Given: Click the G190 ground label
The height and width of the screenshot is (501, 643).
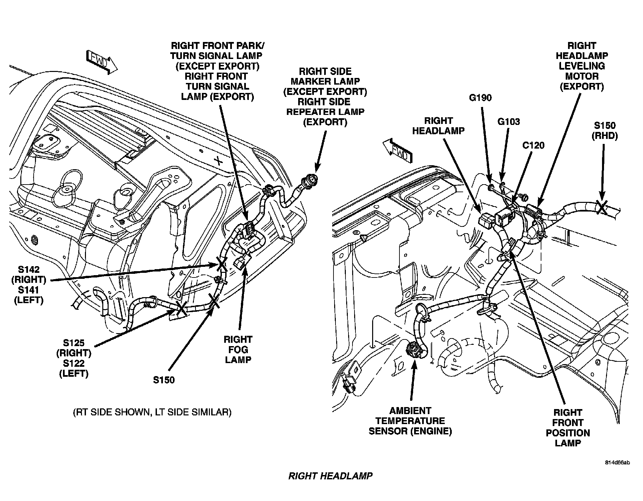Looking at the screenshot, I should pyautogui.click(x=480, y=98).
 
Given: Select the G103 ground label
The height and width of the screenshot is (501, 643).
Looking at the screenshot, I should pyautogui.click(x=508, y=122).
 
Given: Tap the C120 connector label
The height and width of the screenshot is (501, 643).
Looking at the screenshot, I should pyautogui.click(x=533, y=146).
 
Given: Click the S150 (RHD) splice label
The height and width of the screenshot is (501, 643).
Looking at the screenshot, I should pyautogui.click(x=605, y=131).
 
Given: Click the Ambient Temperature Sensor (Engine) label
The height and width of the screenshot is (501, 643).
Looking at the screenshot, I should pyautogui.click(x=410, y=421).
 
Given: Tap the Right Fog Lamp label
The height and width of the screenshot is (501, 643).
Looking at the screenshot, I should pyautogui.click(x=238, y=349).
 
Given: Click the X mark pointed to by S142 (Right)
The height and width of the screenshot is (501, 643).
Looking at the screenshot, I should pyautogui.click(x=222, y=264).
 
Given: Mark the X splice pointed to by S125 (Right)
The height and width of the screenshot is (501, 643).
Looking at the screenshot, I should pyautogui.click(x=182, y=309).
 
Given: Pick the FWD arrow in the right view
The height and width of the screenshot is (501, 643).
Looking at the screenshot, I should pyautogui.click(x=397, y=152).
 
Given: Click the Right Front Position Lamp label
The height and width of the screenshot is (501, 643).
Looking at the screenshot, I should pyautogui.click(x=568, y=428).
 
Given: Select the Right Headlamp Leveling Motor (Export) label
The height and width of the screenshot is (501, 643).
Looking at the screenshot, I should pyautogui.click(x=582, y=66).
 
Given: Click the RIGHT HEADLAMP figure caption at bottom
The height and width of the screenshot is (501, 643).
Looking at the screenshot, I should pyautogui.click(x=330, y=476).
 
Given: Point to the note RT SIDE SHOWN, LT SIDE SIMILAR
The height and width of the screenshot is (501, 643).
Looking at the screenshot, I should pyautogui.click(x=152, y=412).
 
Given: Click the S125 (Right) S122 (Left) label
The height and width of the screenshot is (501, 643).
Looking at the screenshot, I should pyautogui.click(x=74, y=358).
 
